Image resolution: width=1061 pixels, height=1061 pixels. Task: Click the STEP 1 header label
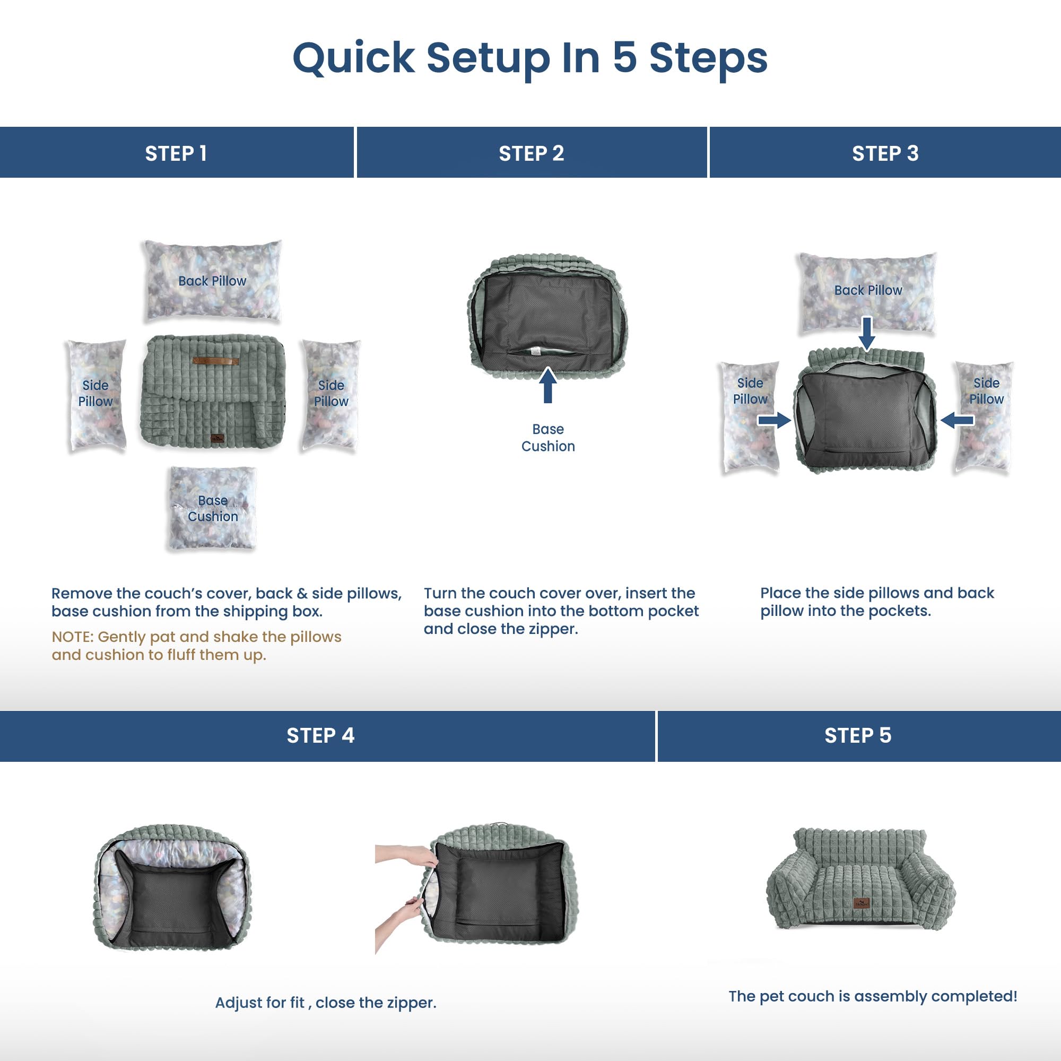pos(176,154)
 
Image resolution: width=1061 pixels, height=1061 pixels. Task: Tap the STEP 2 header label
pos(531,154)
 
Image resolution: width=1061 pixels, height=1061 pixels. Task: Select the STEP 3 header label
pos(885,154)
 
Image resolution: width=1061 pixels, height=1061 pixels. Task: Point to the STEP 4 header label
pos(320,735)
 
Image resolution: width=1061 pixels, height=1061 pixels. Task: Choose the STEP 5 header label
pos(857,735)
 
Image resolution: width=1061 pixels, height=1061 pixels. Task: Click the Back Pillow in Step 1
pos(213,280)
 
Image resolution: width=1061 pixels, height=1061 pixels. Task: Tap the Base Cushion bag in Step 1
pos(212,508)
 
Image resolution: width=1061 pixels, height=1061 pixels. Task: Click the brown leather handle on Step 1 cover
pos(215,361)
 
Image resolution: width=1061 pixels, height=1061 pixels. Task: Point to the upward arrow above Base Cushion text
pos(547,385)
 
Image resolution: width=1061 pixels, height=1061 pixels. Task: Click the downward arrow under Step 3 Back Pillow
pos(867,333)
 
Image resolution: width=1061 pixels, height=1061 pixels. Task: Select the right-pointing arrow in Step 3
pos(774,421)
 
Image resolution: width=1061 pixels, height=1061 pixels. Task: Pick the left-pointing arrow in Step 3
pos(957,421)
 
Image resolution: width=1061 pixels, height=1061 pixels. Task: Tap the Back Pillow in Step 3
pos(868,292)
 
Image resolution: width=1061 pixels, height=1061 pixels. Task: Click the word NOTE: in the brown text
pos(73,637)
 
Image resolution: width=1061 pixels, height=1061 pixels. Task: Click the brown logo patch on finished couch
pos(862,903)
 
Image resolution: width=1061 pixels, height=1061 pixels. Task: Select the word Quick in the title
pos(354,58)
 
